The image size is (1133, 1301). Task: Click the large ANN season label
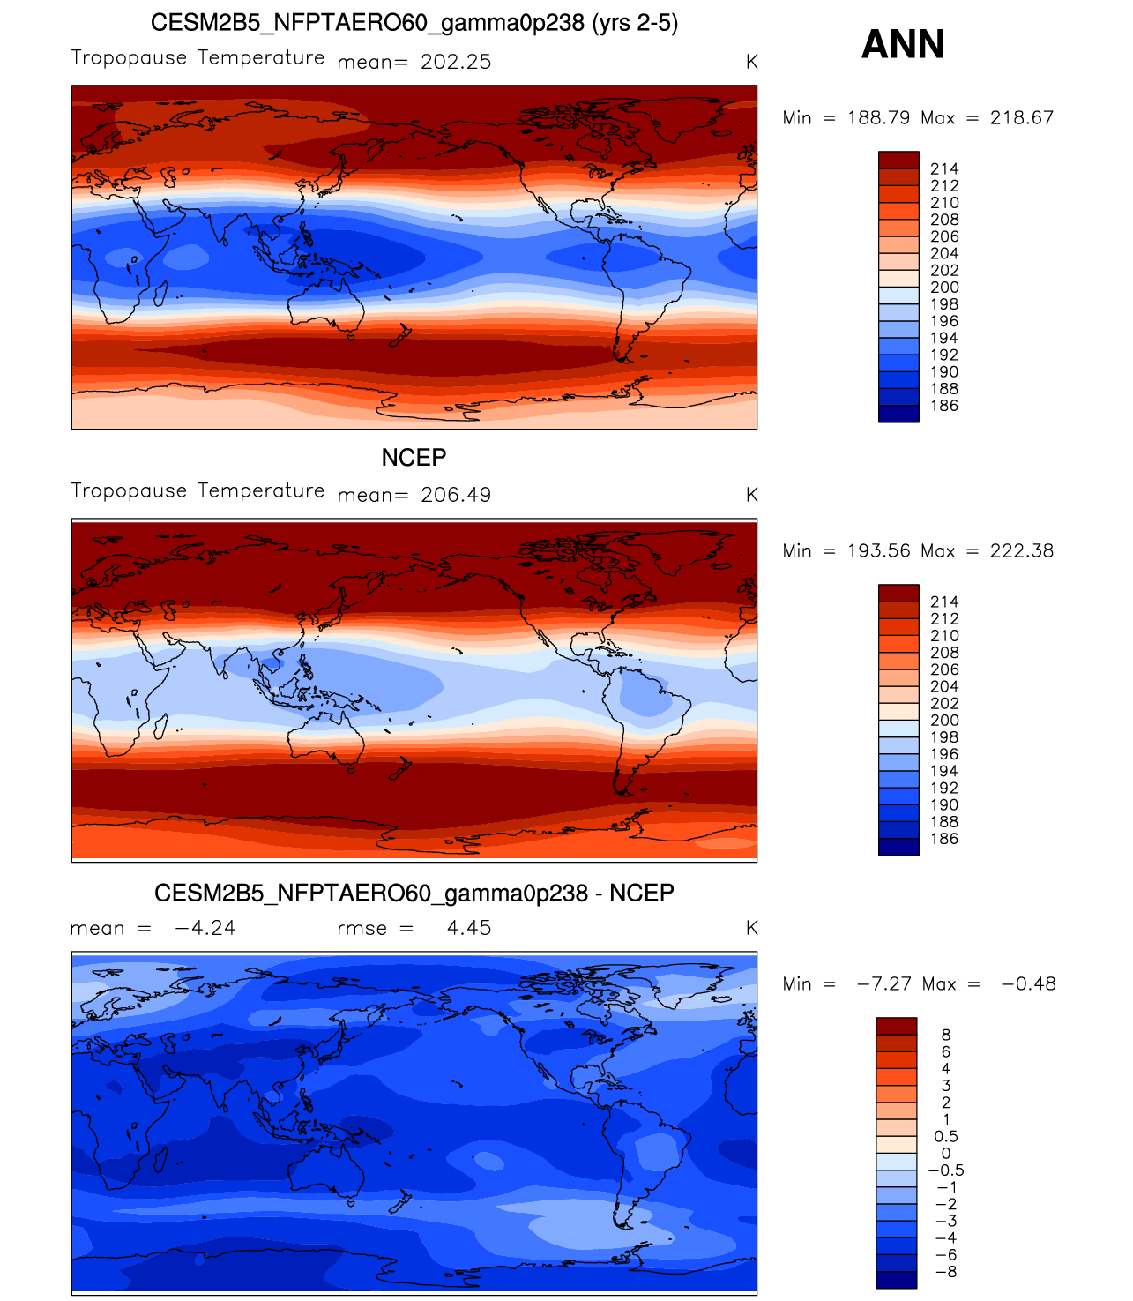pos(903,44)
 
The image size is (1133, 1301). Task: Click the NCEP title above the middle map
pos(414,458)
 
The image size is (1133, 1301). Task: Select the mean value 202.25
pos(456,62)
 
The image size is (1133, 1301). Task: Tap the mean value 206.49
pos(456,495)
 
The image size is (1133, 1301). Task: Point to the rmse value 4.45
pos(469,928)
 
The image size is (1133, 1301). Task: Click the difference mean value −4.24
pos(205,928)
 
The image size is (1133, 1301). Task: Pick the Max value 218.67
pos(1022,117)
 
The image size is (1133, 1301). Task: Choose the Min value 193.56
pos(879,550)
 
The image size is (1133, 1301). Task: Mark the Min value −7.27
pos(884,983)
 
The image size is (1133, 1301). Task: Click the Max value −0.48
pos(1028,983)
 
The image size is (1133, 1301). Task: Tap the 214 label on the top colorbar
pos(944,168)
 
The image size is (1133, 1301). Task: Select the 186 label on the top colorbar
pos(944,406)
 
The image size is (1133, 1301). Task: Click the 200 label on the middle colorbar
pos(944,721)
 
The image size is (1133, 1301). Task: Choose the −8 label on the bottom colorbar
pos(944,1272)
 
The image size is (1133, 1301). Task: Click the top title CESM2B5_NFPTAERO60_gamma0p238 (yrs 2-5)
pos(414,23)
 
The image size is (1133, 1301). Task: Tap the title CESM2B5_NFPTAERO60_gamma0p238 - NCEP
pos(414,894)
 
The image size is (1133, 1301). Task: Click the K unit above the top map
pos(751,62)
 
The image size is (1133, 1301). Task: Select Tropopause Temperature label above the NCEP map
pos(198,490)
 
